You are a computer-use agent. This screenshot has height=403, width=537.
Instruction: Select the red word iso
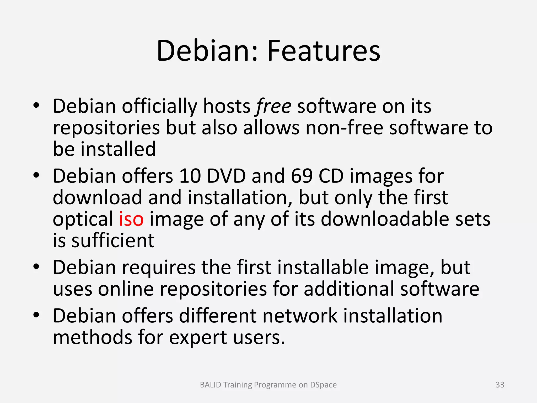pyautogui.click(x=131, y=219)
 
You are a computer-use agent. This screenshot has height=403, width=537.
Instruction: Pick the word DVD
pyautogui.click(x=226, y=176)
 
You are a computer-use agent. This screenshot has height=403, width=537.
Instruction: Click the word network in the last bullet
pyautogui.click(x=300, y=316)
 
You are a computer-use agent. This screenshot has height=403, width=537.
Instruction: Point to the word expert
pyautogui.click(x=198, y=338)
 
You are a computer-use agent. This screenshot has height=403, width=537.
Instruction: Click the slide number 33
pyautogui.click(x=500, y=385)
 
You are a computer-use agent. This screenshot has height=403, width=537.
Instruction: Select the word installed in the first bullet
pyautogui.click(x=118, y=149)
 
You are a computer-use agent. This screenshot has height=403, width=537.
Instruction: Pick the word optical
pyautogui.click(x=83, y=219)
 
